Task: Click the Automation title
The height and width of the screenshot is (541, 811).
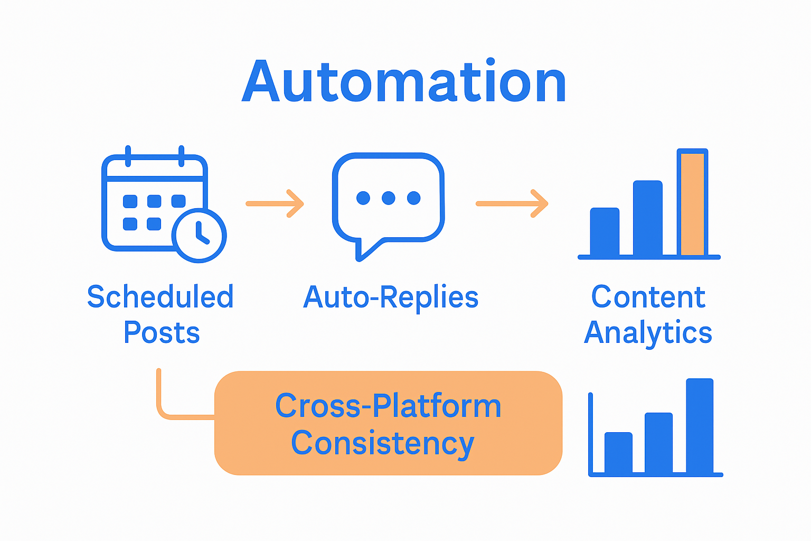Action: point(404,82)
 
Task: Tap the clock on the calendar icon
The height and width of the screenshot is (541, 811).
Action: point(199,235)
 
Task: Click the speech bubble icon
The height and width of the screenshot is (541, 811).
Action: point(388,203)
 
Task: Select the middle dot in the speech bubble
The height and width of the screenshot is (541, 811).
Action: point(389,198)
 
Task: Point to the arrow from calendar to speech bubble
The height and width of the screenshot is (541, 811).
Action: point(275,203)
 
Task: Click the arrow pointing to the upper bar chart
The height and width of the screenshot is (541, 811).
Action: point(512,203)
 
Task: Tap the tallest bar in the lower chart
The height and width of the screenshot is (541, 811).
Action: point(700,425)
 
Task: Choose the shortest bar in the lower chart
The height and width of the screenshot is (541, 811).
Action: point(618,452)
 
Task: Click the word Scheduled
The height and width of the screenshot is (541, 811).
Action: point(160,297)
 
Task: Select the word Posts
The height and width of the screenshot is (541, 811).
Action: point(162,333)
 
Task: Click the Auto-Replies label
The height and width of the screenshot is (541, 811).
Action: point(391,297)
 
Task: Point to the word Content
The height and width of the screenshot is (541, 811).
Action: point(648,297)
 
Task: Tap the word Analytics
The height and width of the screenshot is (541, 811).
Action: point(648,333)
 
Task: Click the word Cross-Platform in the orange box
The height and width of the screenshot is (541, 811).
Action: point(388,406)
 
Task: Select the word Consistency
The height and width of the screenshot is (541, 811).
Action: point(382,443)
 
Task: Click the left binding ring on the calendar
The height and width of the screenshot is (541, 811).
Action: point(128,155)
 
